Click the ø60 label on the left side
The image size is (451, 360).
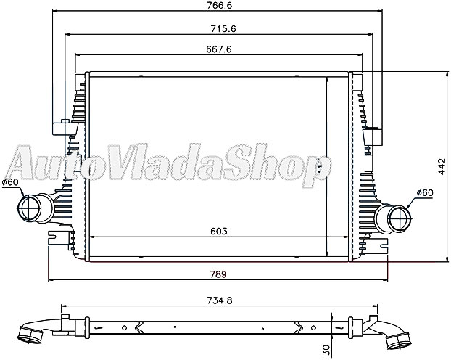pos(9,181)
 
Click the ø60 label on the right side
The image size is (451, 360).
pos(424,192)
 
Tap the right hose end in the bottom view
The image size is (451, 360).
pos(398,340)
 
